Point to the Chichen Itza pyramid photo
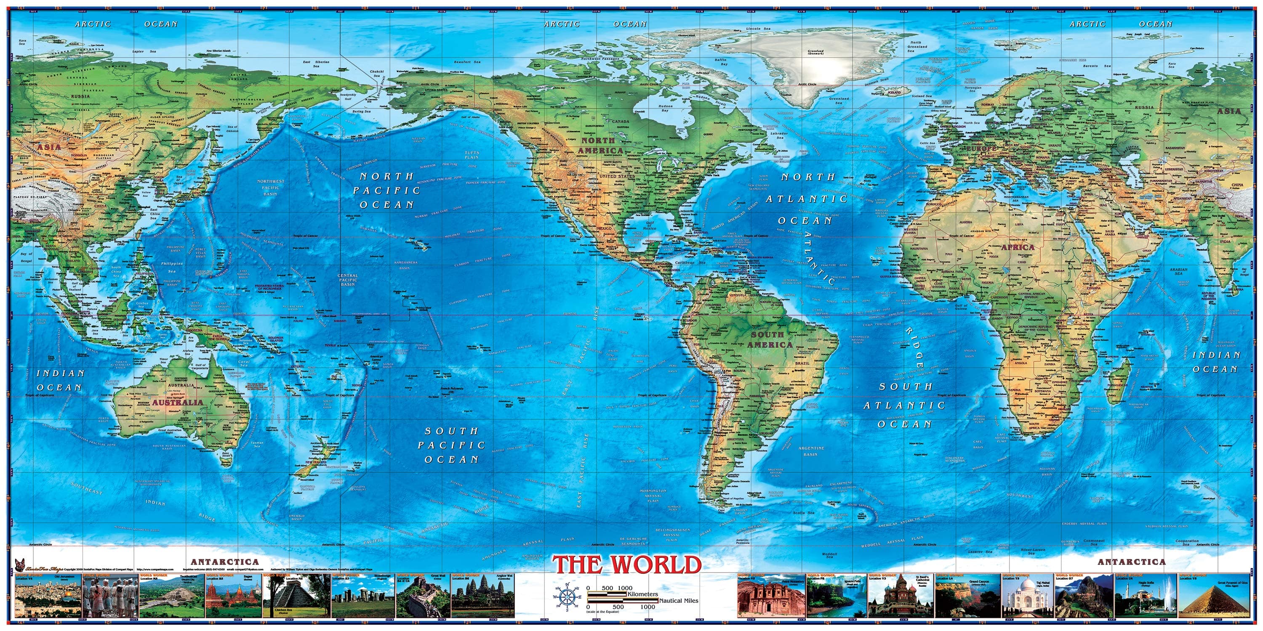click(x=296, y=598)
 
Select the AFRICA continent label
click(x=1018, y=247)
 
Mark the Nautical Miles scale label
click(x=679, y=601)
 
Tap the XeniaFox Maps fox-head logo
click(x=20, y=565)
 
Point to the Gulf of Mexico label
click(x=649, y=226)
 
